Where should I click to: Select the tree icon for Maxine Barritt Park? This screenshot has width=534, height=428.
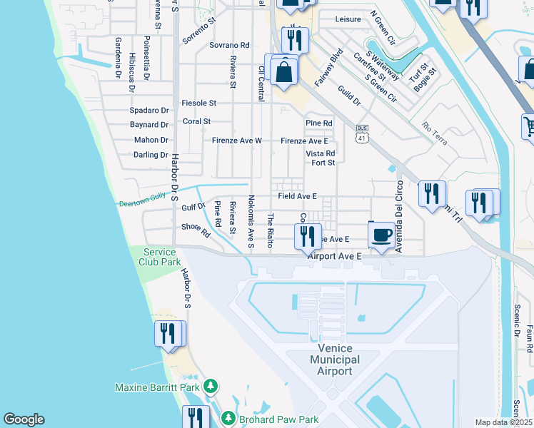[210, 387]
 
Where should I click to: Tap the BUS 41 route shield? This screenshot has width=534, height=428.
[362, 131]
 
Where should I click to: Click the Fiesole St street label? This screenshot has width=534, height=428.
[198, 103]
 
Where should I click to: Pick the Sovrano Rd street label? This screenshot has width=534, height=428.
[229, 45]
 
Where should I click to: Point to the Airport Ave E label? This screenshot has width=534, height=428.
[335, 255]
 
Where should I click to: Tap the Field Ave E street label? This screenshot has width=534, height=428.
[297, 195]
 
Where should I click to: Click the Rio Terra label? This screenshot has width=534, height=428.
[434, 133]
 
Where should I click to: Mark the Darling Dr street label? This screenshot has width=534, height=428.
[150, 154]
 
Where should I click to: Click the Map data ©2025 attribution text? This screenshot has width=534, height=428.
[503, 422]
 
